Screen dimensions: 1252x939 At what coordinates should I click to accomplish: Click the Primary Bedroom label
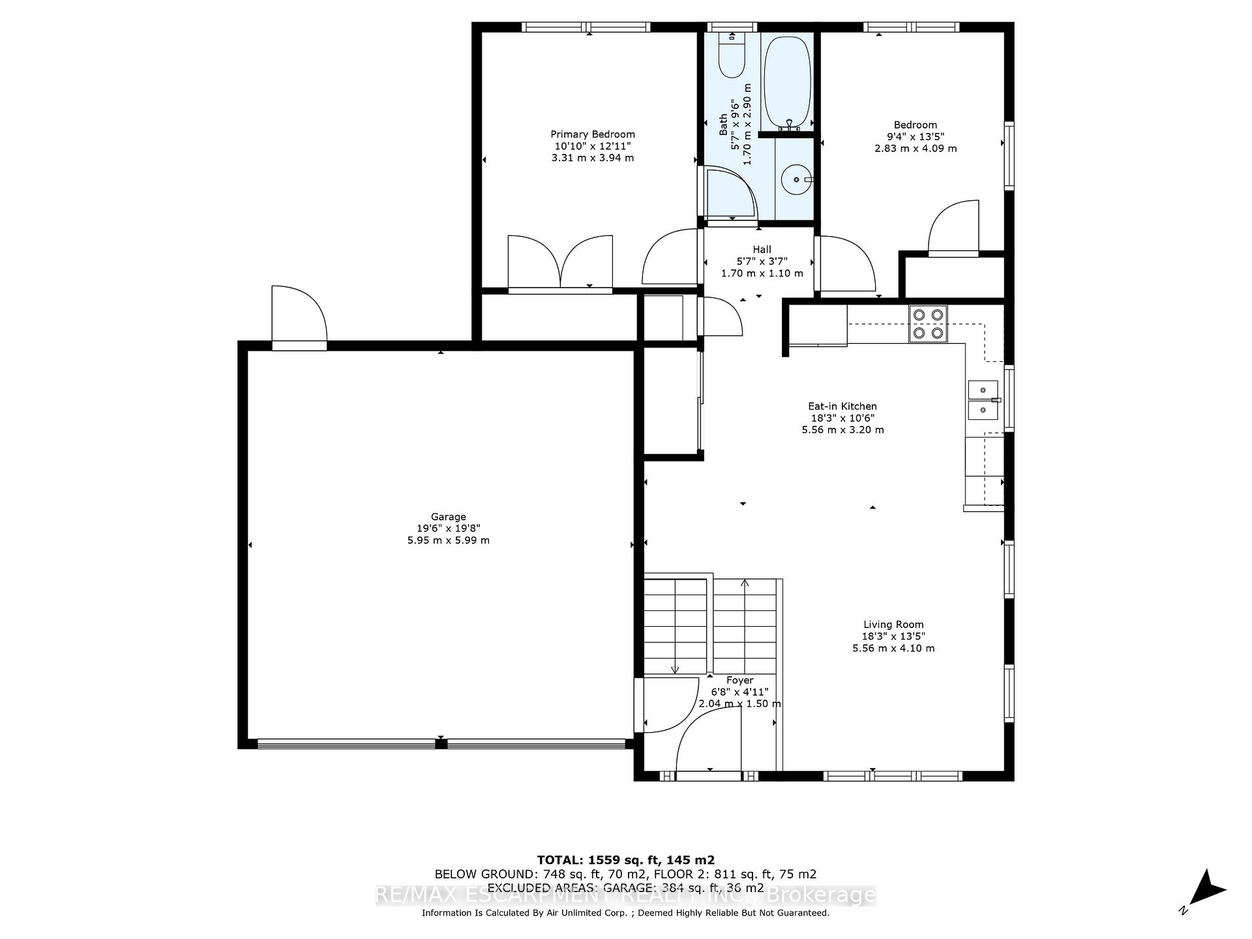tap(592, 134)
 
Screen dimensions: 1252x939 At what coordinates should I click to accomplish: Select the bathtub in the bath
tap(787, 82)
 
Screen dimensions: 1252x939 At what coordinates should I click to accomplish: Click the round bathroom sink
tap(796, 179)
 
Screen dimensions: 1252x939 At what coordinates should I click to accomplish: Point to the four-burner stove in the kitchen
tap(929, 324)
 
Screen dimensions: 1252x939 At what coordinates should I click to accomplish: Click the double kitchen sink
tap(983, 400)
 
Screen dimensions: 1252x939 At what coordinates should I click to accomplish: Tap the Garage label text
tap(448, 517)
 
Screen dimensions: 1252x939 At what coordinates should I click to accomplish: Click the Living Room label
tap(893, 625)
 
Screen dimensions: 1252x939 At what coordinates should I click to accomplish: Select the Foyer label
tap(739, 680)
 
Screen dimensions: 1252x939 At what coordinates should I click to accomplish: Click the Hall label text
tap(762, 249)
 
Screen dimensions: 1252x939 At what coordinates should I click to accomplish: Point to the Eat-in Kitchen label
tap(842, 406)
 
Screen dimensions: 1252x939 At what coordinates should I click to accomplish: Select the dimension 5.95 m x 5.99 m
tap(448, 541)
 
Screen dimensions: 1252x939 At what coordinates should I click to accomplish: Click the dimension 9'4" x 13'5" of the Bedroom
tap(915, 136)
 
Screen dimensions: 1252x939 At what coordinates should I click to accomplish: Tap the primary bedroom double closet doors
tap(560, 262)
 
